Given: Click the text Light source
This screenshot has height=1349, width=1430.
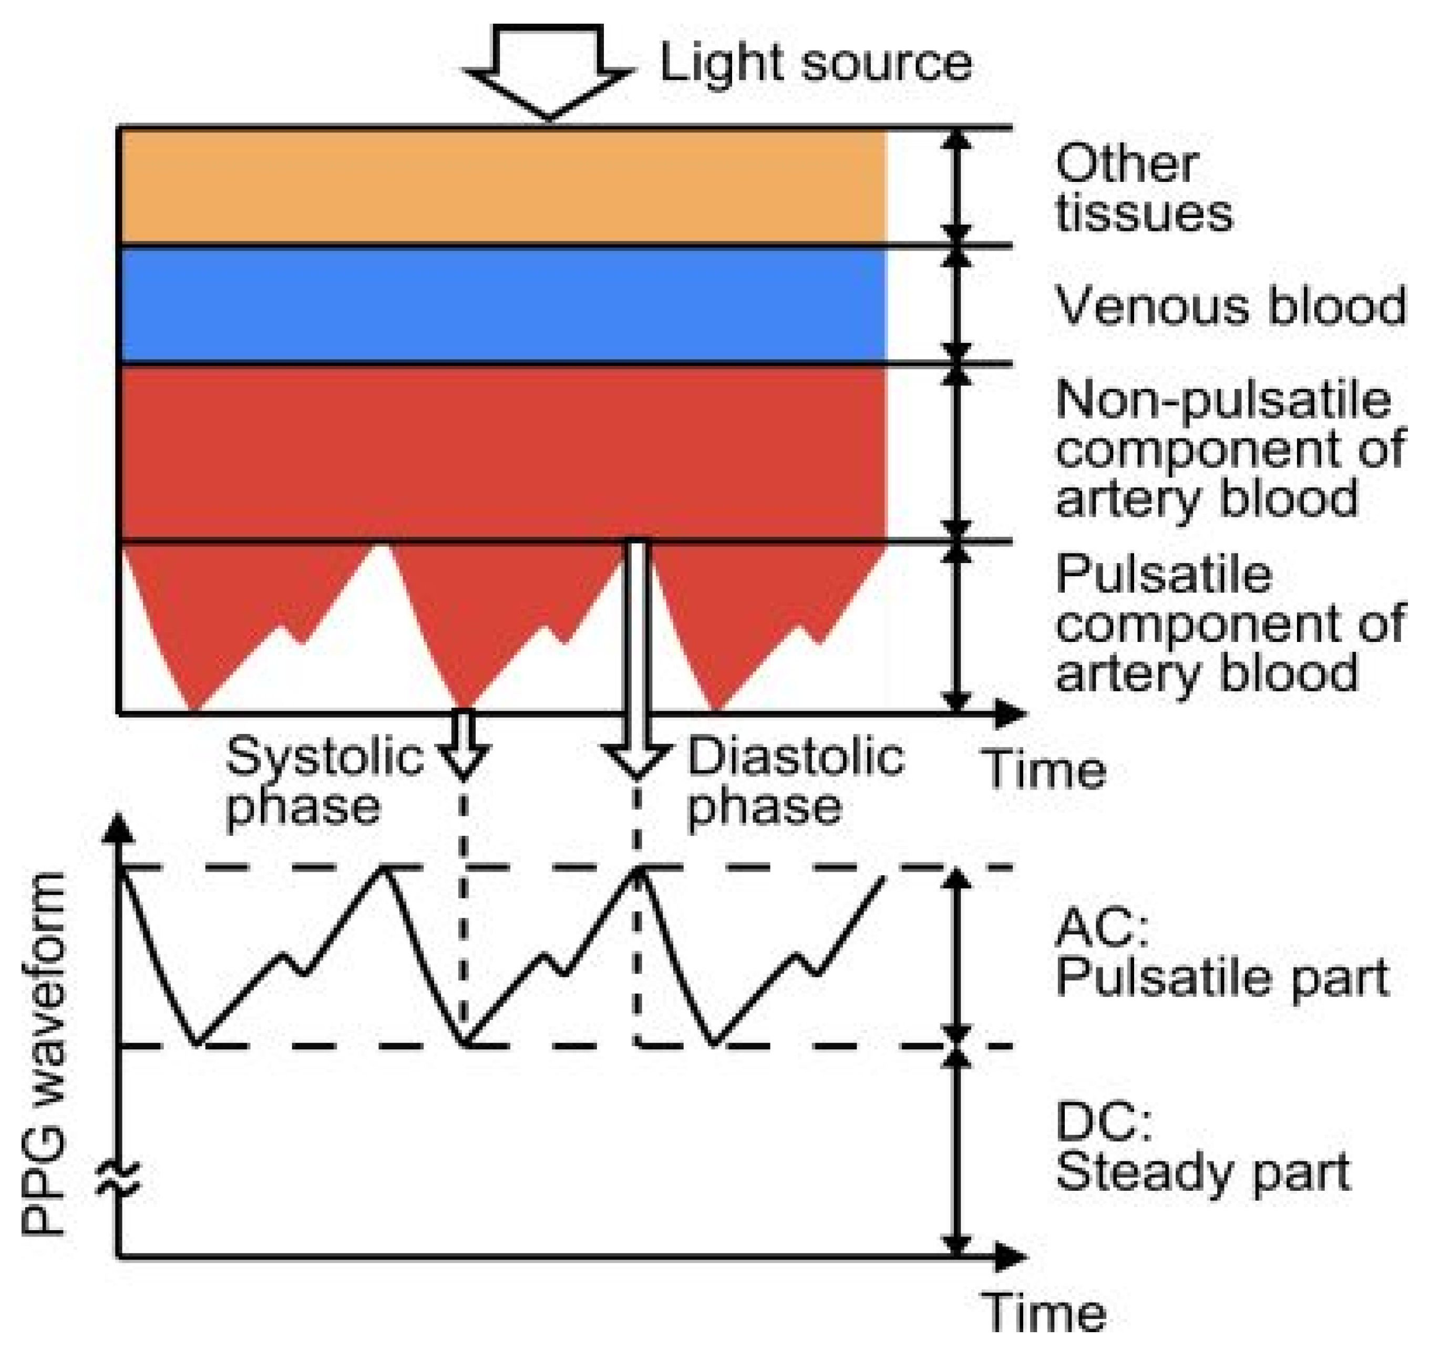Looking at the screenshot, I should tap(815, 63).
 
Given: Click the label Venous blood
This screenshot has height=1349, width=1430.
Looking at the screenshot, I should tap(1230, 306).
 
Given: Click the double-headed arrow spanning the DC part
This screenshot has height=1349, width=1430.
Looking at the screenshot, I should tap(956, 1151).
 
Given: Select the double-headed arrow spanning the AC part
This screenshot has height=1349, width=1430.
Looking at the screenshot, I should tap(956, 956).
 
